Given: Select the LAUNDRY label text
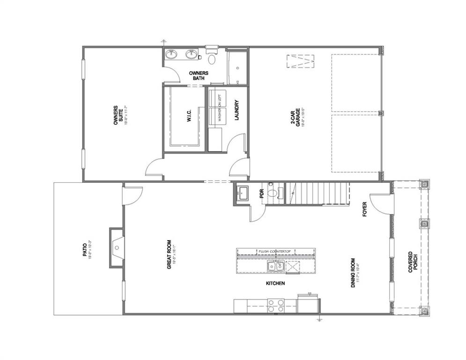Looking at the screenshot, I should (x=237, y=111).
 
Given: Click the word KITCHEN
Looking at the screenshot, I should (x=275, y=284).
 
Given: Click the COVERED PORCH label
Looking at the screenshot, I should (x=413, y=262).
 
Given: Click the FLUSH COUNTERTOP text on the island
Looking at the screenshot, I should (x=275, y=252).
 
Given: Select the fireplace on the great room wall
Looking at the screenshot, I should (x=117, y=247).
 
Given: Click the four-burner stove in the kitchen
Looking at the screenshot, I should (x=275, y=306).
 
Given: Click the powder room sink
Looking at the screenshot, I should (x=243, y=192).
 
